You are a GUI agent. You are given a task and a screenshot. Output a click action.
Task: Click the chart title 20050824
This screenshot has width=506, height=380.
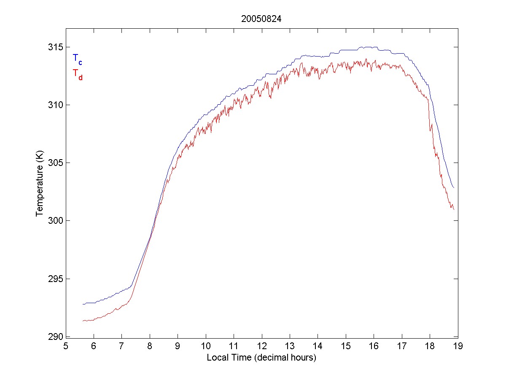point(261,19)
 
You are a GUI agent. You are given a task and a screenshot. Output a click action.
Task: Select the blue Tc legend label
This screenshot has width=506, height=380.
point(77,59)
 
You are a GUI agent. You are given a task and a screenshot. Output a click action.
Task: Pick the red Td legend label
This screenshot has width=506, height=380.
point(77,74)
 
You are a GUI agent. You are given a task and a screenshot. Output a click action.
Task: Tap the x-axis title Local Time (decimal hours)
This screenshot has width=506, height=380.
point(261,358)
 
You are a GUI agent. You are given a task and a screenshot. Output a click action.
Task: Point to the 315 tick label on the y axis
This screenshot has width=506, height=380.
point(55,47)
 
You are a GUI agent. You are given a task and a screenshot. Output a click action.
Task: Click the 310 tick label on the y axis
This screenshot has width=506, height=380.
point(55,105)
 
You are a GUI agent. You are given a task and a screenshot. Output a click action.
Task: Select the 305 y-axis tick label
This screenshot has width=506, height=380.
point(55,163)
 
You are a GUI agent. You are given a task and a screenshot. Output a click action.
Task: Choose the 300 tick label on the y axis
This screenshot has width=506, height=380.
point(55,221)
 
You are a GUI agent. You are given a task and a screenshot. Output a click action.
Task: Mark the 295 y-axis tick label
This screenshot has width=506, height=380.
point(55,279)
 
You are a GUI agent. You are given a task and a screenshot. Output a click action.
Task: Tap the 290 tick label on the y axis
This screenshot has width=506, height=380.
point(55,337)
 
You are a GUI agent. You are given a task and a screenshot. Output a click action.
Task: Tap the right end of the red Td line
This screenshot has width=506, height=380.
point(454,209)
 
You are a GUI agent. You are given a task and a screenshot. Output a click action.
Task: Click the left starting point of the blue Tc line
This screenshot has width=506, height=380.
point(83,304)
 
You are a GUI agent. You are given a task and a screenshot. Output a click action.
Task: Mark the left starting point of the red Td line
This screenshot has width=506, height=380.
point(83,321)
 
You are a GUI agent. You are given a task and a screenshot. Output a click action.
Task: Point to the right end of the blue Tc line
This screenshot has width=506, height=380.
point(454,188)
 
